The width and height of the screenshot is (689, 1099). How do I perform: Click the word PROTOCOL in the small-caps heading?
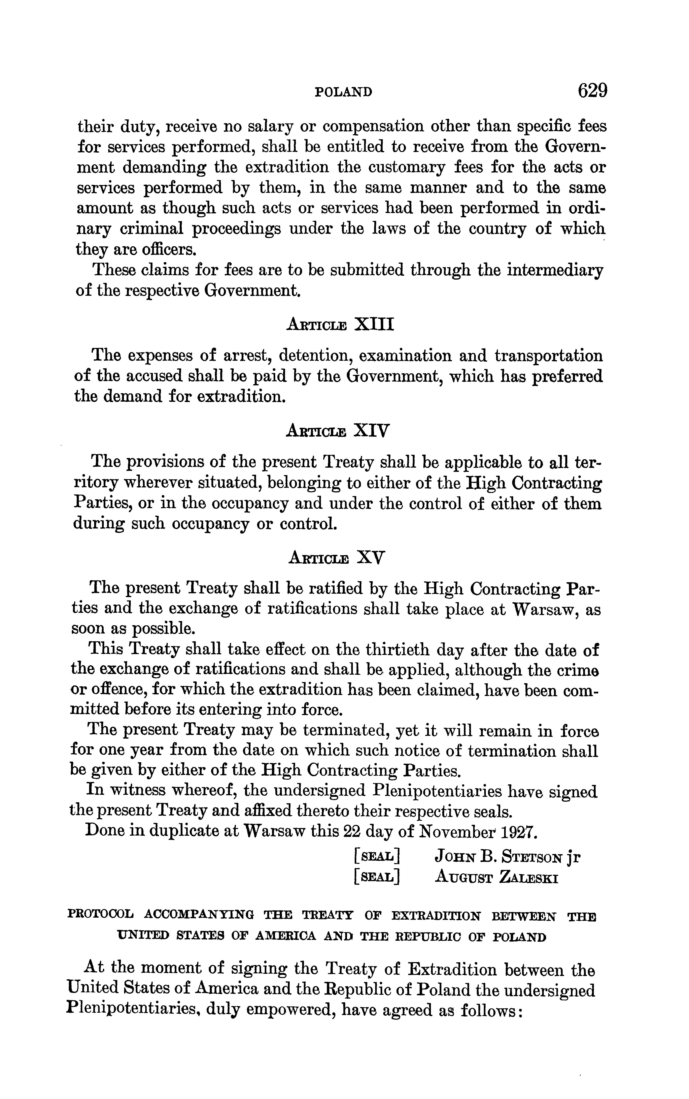101,915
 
